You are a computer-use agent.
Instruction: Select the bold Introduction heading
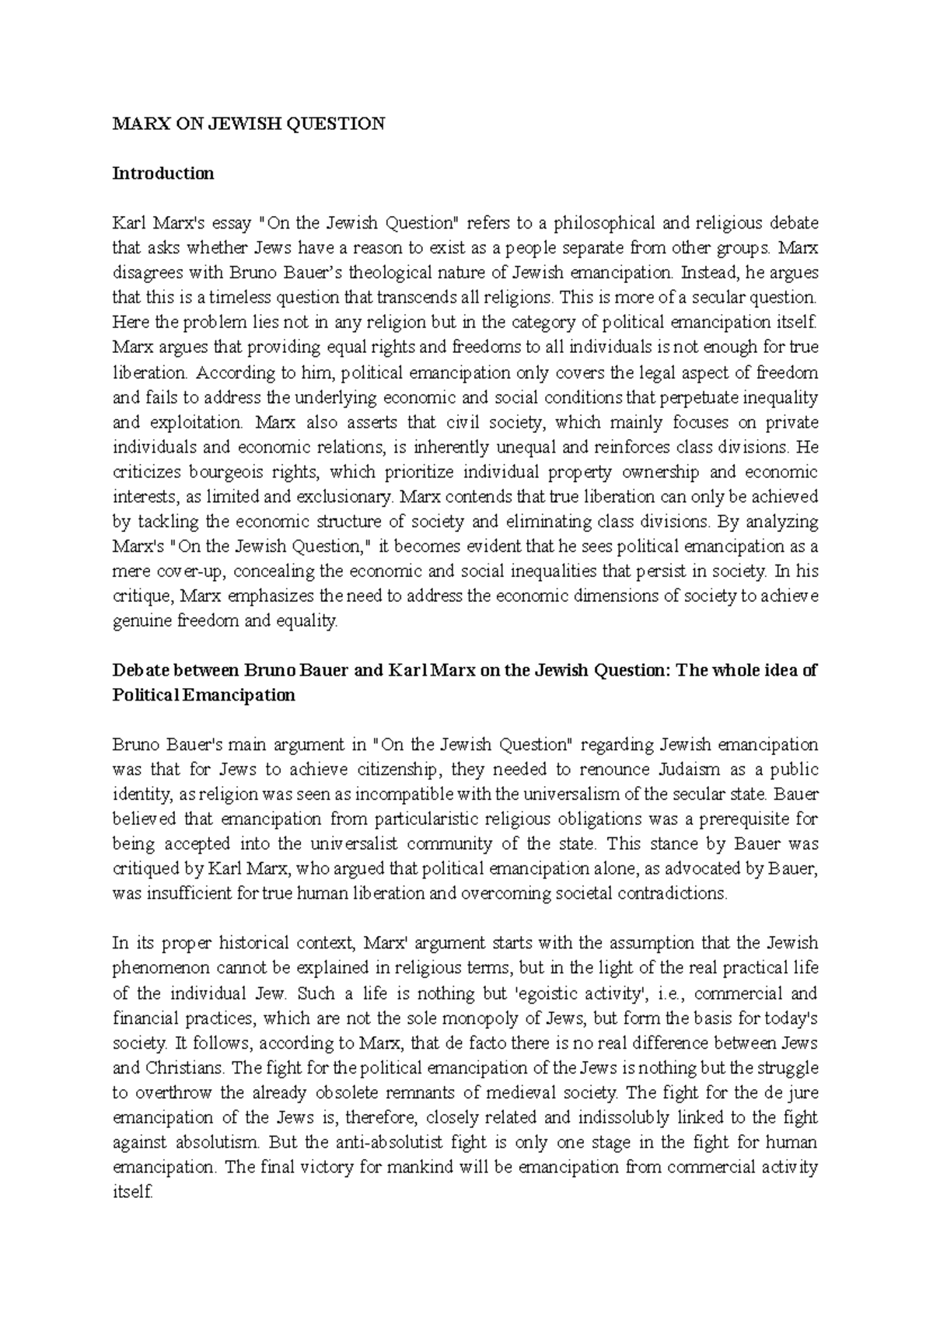tap(163, 173)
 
